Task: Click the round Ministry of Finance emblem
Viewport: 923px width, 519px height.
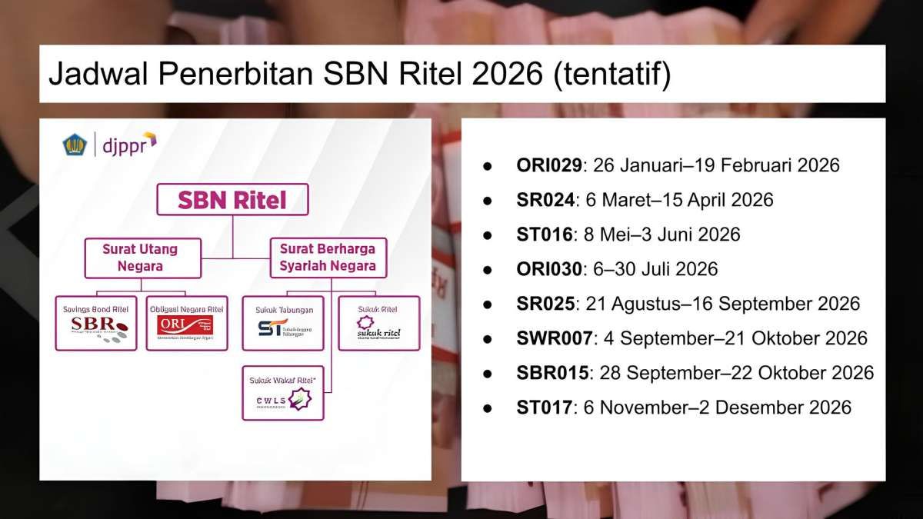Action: click(75, 144)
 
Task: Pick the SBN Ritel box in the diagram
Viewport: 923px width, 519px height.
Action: click(232, 200)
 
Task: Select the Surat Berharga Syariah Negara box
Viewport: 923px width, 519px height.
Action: click(328, 258)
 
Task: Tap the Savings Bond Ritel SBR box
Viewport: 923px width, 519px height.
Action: click(96, 323)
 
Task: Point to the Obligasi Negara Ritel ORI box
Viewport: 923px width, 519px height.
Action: click(187, 323)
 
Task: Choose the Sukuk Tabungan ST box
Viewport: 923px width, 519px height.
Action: click(283, 323)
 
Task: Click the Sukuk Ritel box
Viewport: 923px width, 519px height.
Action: click(379, 323)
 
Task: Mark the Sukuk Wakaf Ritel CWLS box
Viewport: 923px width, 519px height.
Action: click(283, 392)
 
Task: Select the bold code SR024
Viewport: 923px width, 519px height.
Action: click(546, 200)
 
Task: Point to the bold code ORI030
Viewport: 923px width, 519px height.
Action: click(551, 269)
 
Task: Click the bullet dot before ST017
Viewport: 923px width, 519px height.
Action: click(487, 408)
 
